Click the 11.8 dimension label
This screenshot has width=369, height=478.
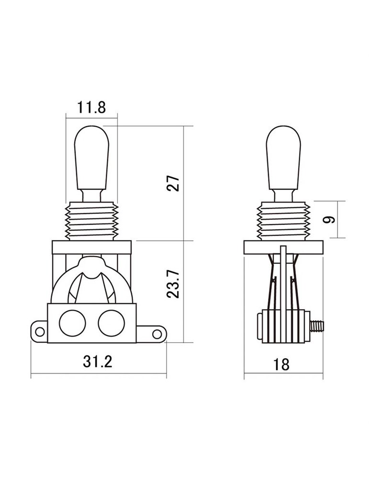coord(91,108)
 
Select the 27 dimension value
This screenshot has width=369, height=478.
coord(173,183)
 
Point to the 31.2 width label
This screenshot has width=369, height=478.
coord(98,361)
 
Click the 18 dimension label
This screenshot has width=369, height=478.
coord(281,364)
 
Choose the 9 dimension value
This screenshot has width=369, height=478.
coord(329,219)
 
